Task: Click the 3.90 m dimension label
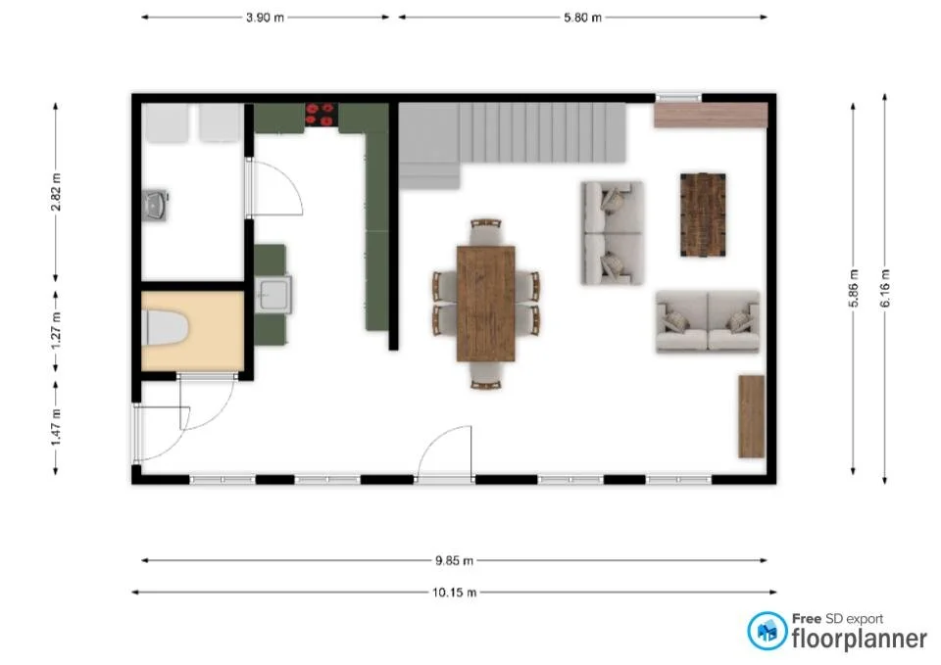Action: click(267, 18)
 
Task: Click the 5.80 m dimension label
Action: click(582, 18)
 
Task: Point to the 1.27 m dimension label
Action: click(56, 330)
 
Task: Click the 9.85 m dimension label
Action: click(454, 561)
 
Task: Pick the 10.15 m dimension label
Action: click(454, 593)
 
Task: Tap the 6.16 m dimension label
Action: click(885, 289)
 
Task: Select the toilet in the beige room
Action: click(166, 328)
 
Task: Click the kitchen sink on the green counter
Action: click(272, 293)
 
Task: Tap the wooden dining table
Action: click(486, 303)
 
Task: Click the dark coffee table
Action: click(703, 214)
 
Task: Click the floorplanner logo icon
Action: click(767, 631)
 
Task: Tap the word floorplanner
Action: click(859, 639)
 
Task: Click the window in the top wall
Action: click(678, 97)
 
